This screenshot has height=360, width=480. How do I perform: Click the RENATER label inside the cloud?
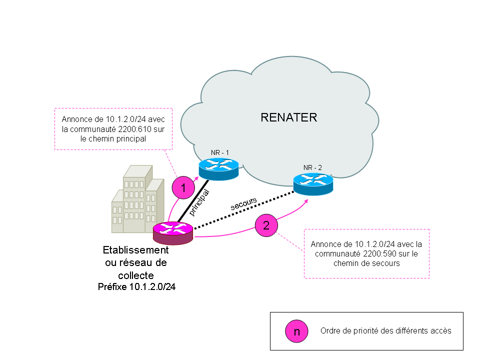[x=288, y=118]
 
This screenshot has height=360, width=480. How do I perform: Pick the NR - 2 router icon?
[x=313, y=183]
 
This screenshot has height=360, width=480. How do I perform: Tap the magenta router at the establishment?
[x=173, y=232]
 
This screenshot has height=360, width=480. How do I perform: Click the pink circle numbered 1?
[x=183, y=188]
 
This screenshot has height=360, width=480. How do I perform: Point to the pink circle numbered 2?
[x=266, y=225]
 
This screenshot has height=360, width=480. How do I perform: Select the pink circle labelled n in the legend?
[x=296, y=331]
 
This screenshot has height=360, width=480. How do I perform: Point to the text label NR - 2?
[x=313, y=167]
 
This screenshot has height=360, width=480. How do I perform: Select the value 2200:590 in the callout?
[x=381, y=254]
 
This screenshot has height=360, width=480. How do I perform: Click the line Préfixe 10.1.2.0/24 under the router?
[x=136, y=287]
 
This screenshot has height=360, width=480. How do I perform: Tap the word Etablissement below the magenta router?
[x=136, y=250]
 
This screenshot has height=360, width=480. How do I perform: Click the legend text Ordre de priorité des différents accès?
[x=385, y=331]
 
